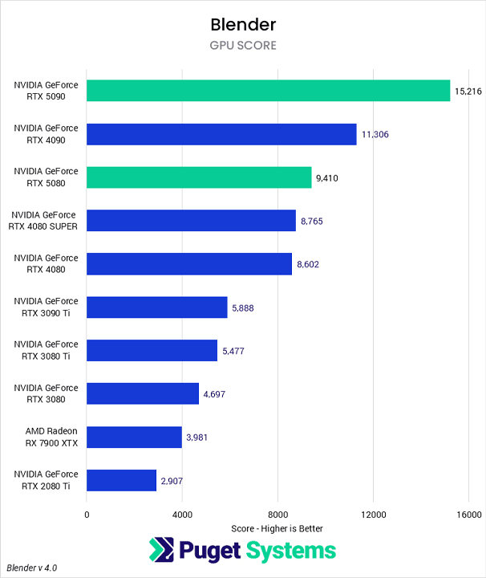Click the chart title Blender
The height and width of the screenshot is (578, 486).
point(242,23)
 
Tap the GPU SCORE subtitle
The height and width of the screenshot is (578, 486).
point(242,46)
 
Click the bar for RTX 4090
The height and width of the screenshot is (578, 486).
point(221,134)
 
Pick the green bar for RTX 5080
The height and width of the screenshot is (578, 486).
point(199,177)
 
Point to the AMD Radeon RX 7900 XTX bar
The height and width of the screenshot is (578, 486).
point(134,437)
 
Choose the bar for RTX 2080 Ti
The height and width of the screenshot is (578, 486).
point(121,480)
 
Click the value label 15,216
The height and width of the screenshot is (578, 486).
point(468,92)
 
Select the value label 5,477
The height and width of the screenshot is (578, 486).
point(234,351)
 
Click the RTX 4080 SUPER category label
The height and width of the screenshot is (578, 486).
point(45,221)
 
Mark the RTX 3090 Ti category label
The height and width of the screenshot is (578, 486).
point(46,307)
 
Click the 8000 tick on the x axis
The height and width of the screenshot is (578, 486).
point(277,515)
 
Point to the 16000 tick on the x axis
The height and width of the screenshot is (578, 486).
point(468,515)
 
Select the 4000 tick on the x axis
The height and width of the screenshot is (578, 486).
point(182,515)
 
